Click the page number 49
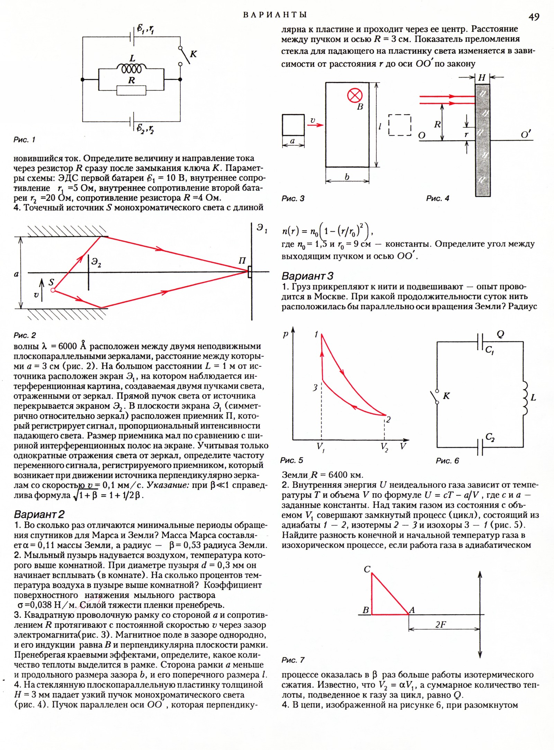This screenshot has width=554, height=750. [534, 16]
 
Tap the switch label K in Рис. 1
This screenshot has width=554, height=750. [193, 54]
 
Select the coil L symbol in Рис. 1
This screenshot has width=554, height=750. [132, 69]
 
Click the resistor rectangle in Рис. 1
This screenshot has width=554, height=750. [132, 91]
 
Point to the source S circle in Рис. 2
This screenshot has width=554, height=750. [53, 290]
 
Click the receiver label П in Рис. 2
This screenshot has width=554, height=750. [242, 261]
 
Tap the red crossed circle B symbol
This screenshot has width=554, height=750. [355, 95]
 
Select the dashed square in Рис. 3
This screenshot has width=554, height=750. [400, 125]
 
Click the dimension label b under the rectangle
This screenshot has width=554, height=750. [347, 177]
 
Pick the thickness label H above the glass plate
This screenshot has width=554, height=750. [482, 78]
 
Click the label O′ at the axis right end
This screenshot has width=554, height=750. [526, 134]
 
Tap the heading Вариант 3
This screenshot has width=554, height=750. [307, 276]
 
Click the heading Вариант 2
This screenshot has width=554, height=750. [39, 514]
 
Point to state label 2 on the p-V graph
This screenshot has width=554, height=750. [388, 419]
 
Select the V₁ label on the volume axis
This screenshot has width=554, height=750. [320, 446]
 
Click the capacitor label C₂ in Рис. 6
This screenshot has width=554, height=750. [490, 437]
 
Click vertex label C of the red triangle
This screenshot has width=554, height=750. [367, 569]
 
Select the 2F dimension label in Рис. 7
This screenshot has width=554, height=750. [440, 624]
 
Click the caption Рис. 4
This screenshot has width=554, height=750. [438, 198]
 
